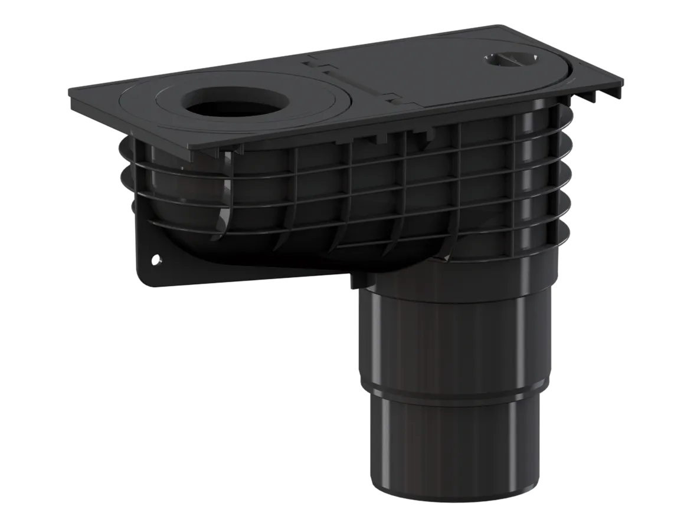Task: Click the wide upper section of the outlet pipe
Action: [x=454, y=330]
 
